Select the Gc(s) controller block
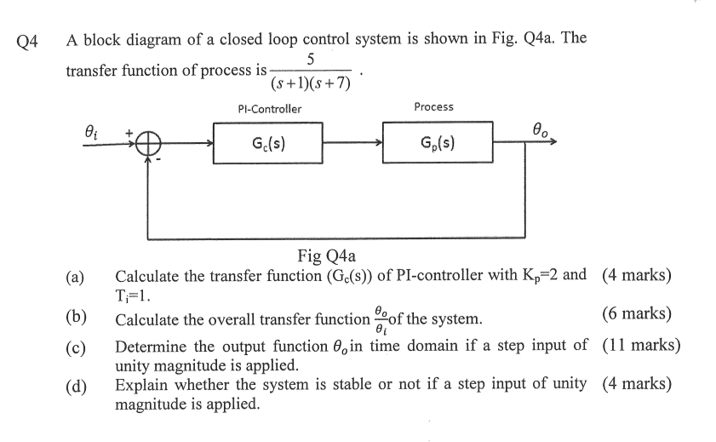coord(267,142)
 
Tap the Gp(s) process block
coord(438,142)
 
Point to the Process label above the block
coord(433,106)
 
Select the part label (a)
coord(75,277)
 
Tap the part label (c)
coord(75,347)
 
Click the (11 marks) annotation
coord(640,346)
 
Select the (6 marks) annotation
coord(636,313)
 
